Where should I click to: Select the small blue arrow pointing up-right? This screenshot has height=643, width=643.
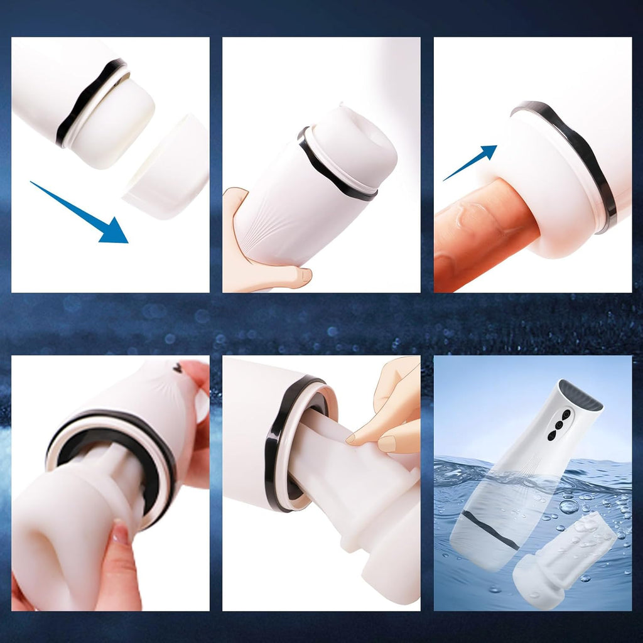click(471, 162)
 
